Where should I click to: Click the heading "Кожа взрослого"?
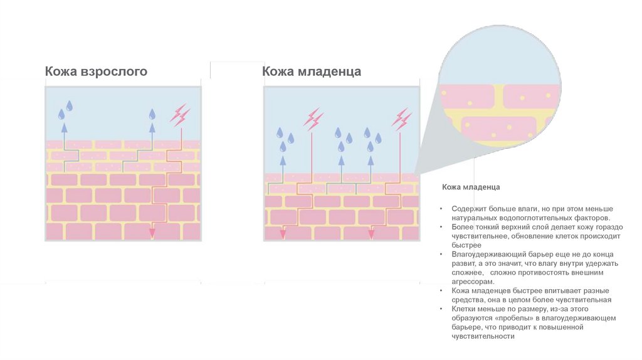tap(96, 71)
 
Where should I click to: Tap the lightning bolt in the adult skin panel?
tap(181, 115)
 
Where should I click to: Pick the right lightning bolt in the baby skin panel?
tap(401, 118)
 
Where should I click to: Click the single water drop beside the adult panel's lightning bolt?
tap(152, 114)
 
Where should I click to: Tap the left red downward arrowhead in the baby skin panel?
tap(283, 233)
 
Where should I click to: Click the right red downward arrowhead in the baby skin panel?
tap(371, 233)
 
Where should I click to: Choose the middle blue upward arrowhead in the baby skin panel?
tap(341, 161)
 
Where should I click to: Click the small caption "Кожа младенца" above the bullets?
tap(471, 187)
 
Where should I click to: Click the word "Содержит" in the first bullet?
tap(468, 208)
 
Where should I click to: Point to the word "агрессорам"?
tap(468, 282)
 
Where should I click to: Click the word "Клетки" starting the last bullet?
tap(463, 309)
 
